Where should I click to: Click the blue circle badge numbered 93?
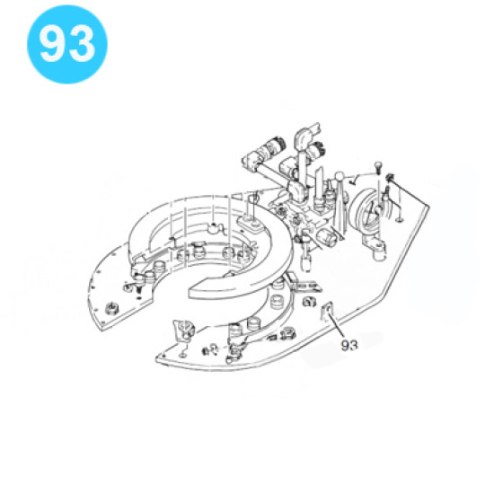(67, 44)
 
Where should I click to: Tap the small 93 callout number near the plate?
(349, 346)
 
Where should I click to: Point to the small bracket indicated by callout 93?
(327, 311)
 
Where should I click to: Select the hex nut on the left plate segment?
(110, 307)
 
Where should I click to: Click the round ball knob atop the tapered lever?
(339, 177)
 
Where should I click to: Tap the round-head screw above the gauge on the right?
(378, 167)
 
